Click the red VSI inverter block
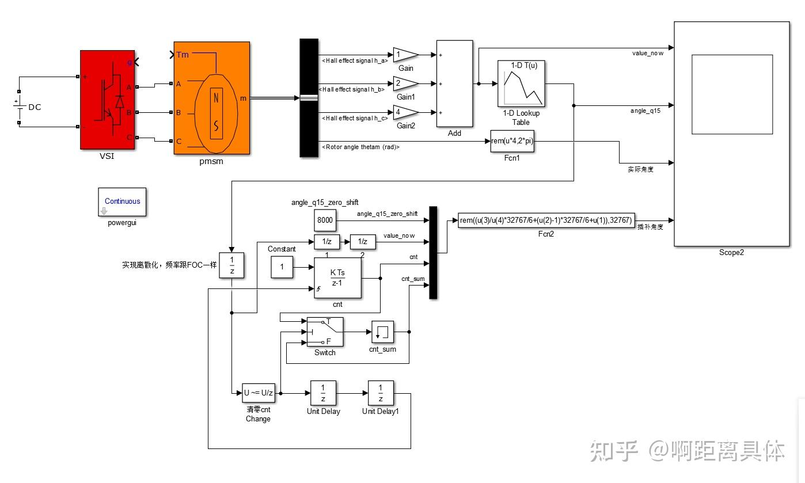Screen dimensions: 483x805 tap(107, 100)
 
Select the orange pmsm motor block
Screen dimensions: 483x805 tap(211, 98)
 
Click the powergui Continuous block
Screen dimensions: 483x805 tap(122, 201)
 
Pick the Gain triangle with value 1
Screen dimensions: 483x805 tap(404, 55)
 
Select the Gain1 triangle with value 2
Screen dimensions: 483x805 tap(404, 83)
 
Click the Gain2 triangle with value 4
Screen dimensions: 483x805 tap(404, 112)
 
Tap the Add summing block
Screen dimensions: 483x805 tap(454, 83)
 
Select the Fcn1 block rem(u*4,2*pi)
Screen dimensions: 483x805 tap(512, 142)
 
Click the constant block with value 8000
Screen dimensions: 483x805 tap(325, 220)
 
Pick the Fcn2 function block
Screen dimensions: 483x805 tap(546, 220)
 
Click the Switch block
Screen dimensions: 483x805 tap(325, 332)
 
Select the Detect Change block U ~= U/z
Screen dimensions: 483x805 tap(259, 394)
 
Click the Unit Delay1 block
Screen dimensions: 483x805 tap(381, 394)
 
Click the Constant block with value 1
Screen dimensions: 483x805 tap(282, 267)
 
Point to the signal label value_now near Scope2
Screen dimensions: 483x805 tap(648, 53)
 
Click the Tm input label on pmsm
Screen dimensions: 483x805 tap(182, 55)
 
